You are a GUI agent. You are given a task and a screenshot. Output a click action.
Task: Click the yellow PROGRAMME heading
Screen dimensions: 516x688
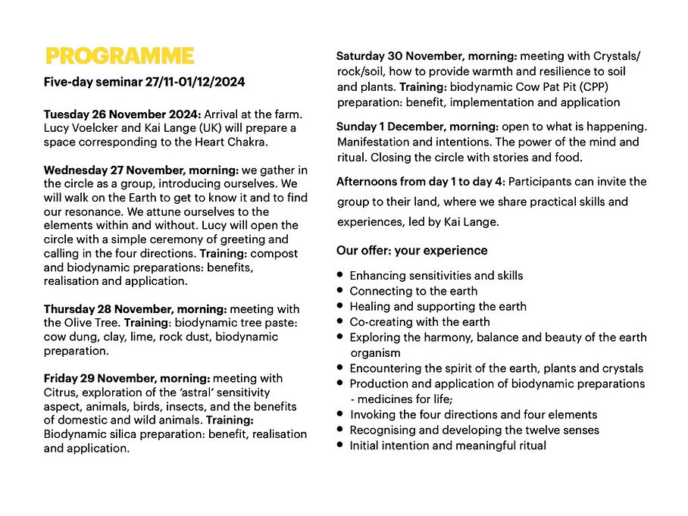click(x=120, y=57)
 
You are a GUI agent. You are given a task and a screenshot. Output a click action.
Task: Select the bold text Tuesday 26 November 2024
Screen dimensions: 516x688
click(x=122, y=114)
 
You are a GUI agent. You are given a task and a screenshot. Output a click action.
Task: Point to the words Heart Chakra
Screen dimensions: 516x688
click(x=231, y=142)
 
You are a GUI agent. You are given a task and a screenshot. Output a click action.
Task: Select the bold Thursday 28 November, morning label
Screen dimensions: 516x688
click(x=135, y=309)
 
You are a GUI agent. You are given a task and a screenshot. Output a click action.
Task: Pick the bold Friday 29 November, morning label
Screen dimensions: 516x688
click(x=127, y=378)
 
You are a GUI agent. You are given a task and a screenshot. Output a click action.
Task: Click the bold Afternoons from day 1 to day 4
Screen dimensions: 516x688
click(x=421, y=182)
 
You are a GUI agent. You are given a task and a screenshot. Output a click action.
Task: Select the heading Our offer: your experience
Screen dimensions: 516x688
click(x=411, y=250)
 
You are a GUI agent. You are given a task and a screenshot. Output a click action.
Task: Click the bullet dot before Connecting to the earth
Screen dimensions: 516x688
click(x=341, y=291)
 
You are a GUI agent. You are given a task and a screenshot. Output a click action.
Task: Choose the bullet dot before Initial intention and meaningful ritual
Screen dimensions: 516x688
click(x=341, y=446)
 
